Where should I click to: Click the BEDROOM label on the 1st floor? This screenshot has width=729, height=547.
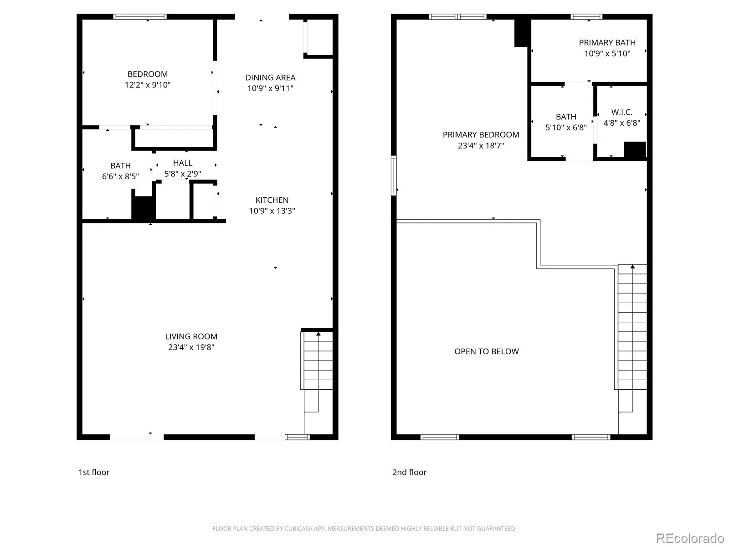click(x=148, y=74)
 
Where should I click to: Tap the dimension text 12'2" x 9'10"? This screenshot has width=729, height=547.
click(x=148, y=85)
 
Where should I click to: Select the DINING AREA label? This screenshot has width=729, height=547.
click(x=270, y=77)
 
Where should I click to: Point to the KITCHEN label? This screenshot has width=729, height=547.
click(x=272, y=200)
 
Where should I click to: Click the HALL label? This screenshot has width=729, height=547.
click(x=182, y=163)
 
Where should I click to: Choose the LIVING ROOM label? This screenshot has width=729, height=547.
click(x=191, y=336)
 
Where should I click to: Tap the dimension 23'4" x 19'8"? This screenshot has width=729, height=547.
click(x=191, y=347)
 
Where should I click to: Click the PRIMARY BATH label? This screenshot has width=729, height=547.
click(x=607, y=42)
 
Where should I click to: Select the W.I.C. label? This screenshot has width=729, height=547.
click(x=621, y=112)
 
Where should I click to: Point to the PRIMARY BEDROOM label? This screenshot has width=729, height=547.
click(x=481, y=134)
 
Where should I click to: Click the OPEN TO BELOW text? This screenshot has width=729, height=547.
click(x=486, y=351)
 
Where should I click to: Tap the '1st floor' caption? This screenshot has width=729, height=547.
click(x=94, y=472)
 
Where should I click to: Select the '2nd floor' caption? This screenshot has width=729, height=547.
click(x=409, y=472)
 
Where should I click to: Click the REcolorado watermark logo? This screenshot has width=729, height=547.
click(x=690, y=538)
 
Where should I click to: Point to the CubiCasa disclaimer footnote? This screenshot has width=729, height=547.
click(x=364, y=528)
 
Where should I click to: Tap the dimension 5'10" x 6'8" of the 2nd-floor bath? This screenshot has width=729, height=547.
click(x=565, y=128)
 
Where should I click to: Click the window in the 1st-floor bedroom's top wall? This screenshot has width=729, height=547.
click(x=139, y=16)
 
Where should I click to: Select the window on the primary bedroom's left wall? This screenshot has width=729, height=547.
click(x=394, y=175)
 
